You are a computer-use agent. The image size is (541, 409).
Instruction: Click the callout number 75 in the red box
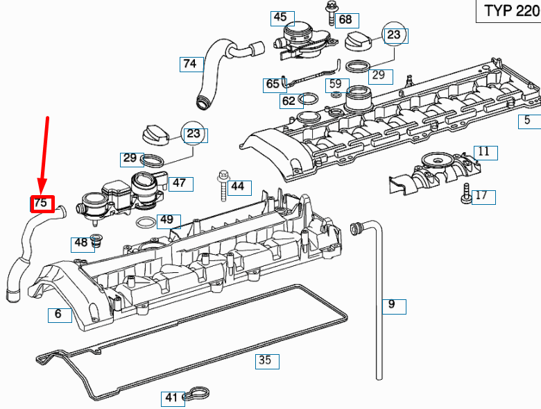tap(42, 203)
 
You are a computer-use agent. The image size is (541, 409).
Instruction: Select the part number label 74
tap(190, 65)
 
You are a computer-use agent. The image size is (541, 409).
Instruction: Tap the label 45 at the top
tap(280, 17)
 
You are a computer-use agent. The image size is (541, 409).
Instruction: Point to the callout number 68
tap(345, 20)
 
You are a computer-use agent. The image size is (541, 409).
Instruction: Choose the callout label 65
tap(273, 85)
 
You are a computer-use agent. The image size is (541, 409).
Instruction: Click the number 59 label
tap(335, 84)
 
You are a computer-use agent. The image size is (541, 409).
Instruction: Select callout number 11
tap(483, 151)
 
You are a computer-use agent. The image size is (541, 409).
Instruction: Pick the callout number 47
tap(179, 183)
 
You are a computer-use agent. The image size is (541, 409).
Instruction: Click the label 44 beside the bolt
tap(238, 187)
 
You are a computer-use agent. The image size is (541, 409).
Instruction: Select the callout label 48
tap(82, 243)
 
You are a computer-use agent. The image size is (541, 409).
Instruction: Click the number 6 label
tap(58, 315)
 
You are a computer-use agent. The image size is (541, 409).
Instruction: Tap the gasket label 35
tap(264, 360)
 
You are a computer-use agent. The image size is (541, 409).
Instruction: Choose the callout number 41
tap(171, 398)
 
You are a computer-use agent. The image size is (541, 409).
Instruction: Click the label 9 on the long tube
tap(391, 304)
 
